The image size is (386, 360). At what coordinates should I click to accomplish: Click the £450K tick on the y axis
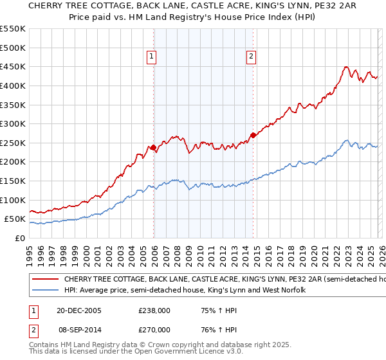tap(13, 66)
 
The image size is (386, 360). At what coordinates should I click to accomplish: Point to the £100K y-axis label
tap(13, 200)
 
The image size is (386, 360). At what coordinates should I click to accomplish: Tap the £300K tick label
tap(13, 123)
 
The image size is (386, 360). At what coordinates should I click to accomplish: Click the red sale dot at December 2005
tap(153, 148)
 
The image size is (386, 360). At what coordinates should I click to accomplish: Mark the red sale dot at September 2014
tap(253, 135)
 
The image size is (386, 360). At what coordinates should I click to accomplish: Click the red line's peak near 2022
tap(346, 67)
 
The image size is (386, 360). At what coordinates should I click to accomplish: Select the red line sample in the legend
tap(45, 280)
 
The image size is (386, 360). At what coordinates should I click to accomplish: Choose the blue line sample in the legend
tap(45, 291)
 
